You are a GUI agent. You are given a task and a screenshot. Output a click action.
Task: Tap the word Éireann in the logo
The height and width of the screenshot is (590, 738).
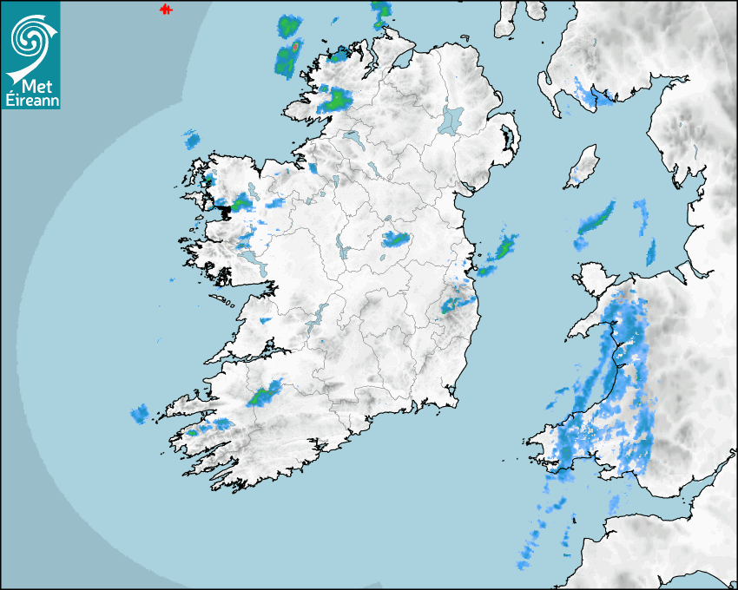(30, 100)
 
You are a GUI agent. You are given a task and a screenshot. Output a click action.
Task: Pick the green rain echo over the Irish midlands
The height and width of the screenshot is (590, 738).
(395, 239)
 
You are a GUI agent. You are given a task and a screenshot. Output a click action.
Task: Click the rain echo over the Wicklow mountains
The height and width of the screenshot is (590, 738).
(458, 304)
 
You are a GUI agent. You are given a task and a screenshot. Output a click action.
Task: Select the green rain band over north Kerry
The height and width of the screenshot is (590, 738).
(265, 394)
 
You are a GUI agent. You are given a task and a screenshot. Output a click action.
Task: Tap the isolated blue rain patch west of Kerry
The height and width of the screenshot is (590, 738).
(140, 414)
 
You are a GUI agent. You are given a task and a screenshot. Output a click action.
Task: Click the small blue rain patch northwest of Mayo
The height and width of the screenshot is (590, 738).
(191, 139)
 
